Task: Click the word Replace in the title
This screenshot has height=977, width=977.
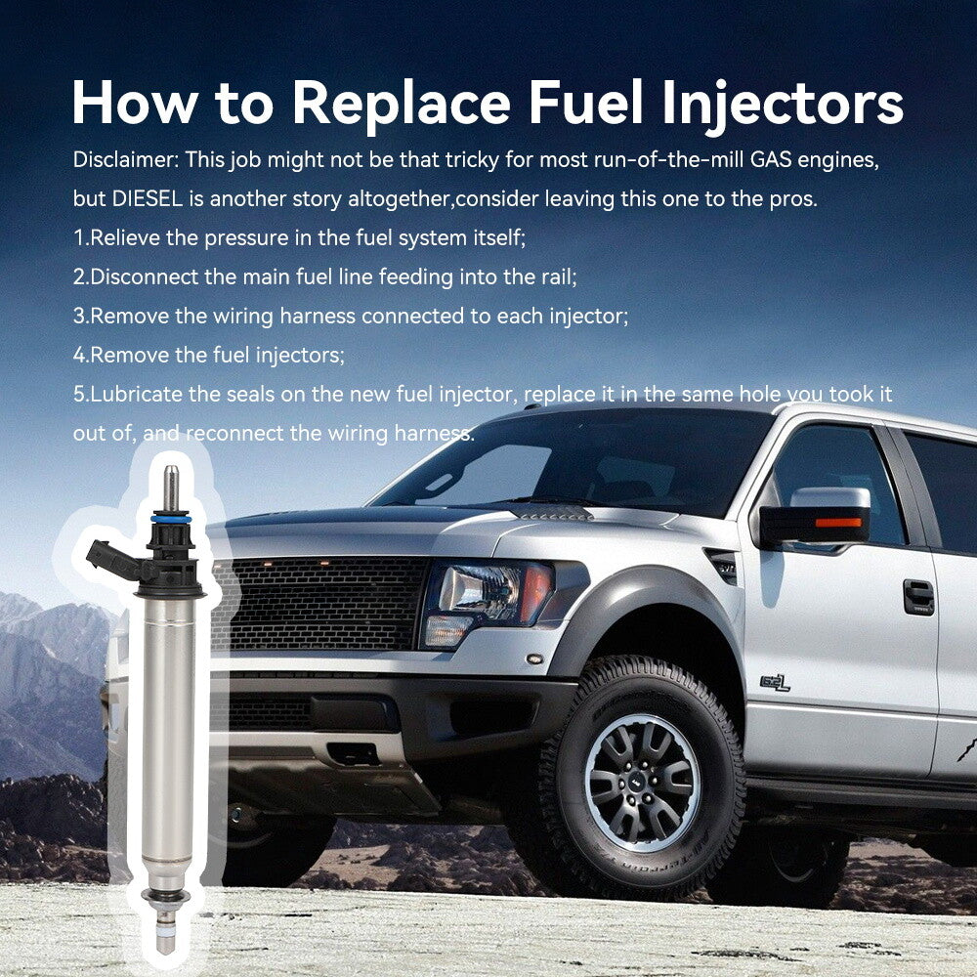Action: coord(402,103)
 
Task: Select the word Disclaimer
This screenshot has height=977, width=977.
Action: coord(126,159)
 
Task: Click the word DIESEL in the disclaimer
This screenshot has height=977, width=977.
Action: coord(148,198)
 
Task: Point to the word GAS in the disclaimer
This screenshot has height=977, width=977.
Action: coord(771,159)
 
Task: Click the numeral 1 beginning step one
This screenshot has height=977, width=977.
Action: coord(78,237)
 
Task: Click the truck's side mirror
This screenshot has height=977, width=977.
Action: coord(816,517)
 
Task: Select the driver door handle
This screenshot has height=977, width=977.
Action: coord(918,596)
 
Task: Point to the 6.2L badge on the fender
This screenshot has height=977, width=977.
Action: coord(775,683)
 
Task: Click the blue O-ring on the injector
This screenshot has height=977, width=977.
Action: coord(171,519)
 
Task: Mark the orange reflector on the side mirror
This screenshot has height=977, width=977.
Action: coord(838,522)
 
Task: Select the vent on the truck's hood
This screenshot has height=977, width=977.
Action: coord(551,512)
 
